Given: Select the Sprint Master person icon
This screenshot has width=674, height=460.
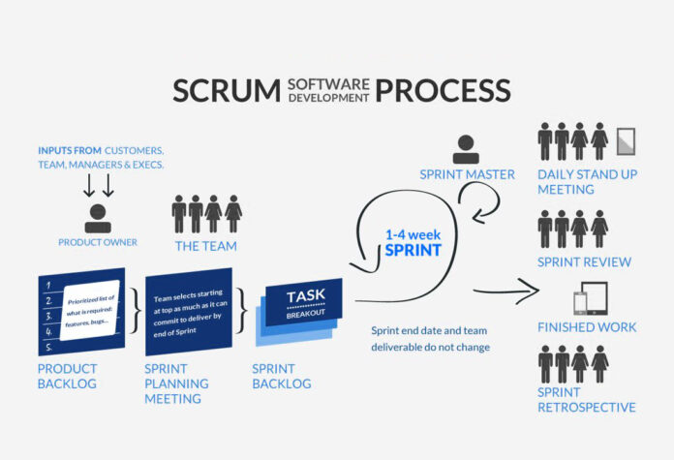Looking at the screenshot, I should coord(466,148).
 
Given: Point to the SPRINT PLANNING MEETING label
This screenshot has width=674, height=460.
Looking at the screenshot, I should coord(176,383).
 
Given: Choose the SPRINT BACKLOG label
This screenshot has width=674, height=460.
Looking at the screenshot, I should coord(282,377).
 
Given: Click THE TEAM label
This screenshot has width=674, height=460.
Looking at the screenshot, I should coord(206,246).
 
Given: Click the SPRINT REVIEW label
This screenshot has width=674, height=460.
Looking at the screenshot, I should coord(585,262).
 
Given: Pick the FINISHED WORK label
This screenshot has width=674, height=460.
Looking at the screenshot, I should coord(587,327).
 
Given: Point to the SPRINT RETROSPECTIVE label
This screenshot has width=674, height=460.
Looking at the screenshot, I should coord(587,400).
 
